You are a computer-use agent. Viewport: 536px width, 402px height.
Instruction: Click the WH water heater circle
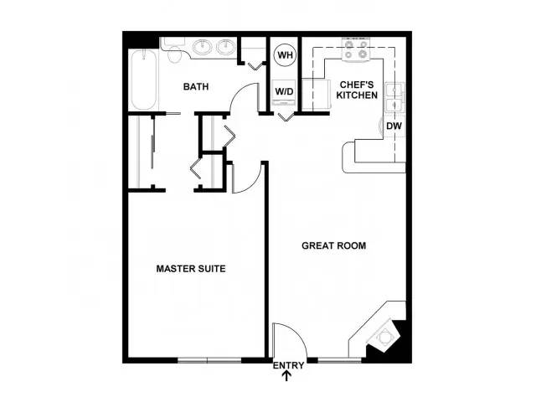(x=286, y=54)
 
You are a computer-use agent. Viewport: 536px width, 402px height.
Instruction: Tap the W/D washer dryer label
(x=285, y=91)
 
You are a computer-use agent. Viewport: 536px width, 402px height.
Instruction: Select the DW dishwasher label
(x=394, y=126)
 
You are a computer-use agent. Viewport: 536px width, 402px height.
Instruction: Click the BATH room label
(x=196, y=87)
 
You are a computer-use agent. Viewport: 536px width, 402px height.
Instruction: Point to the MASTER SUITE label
(x=191, y=269)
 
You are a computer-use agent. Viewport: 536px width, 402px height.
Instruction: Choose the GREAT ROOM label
(x=333, y=245)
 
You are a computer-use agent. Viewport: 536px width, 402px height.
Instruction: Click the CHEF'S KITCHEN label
(x=357, y=90)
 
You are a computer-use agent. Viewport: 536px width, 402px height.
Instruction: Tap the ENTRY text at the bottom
(x=288, y=365)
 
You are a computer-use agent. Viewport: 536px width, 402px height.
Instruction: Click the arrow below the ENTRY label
(x=286, y=376)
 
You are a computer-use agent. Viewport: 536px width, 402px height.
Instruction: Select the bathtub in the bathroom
(x=143, y=80)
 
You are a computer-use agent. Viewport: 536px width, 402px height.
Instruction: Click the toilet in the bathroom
(x=173, y=50)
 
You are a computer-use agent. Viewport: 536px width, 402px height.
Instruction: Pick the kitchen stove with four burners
(x=356, y=50)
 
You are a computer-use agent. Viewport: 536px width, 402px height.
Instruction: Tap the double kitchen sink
(x=395, y=97)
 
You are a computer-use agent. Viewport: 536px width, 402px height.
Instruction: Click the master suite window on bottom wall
(x=209, y=360)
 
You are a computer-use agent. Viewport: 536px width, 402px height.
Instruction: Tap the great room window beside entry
(x=339, y=360)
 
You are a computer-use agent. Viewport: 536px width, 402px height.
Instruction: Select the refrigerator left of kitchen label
(x=317, y=95)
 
